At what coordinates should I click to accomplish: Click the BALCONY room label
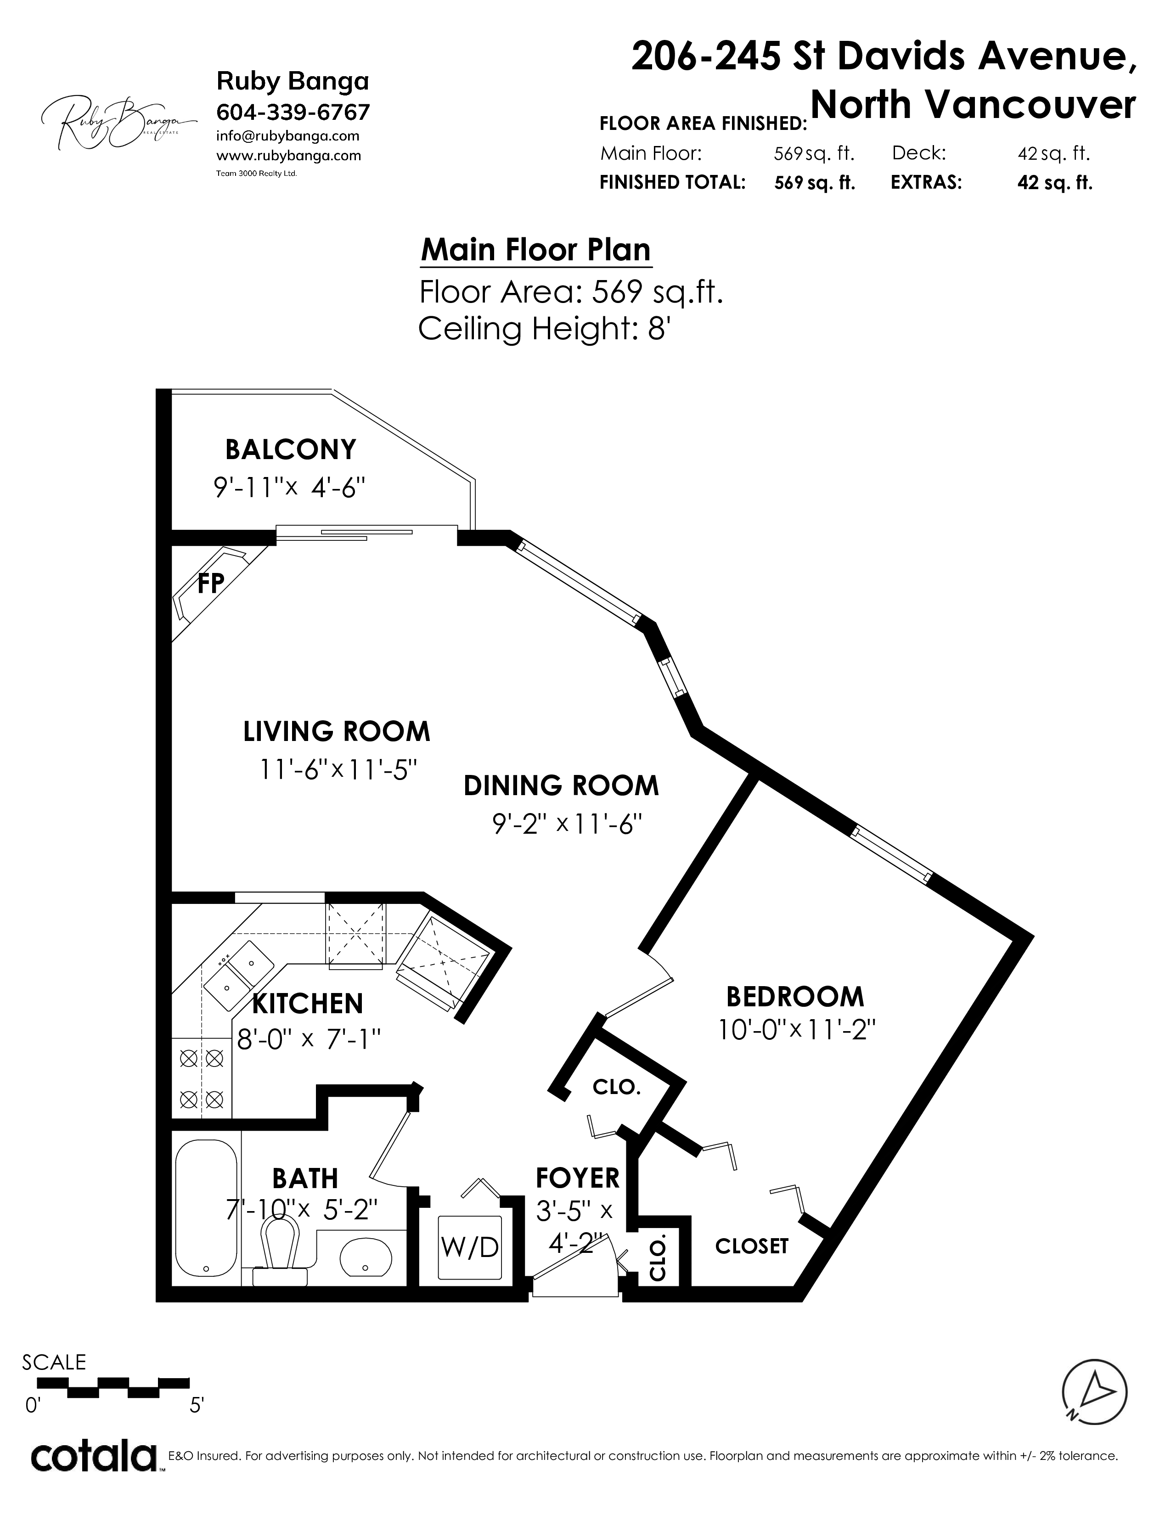(x=291, y=449)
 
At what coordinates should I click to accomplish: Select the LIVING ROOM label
(x=337, y=732)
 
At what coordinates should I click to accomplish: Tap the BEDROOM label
(x=795, y=997)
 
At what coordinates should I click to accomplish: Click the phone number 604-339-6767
(x=293, y=112)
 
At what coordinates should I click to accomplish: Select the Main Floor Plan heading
(x=536, y=250)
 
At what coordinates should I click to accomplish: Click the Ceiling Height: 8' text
(x=543, y=328)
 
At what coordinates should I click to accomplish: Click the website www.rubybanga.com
(x=288, y=155)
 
